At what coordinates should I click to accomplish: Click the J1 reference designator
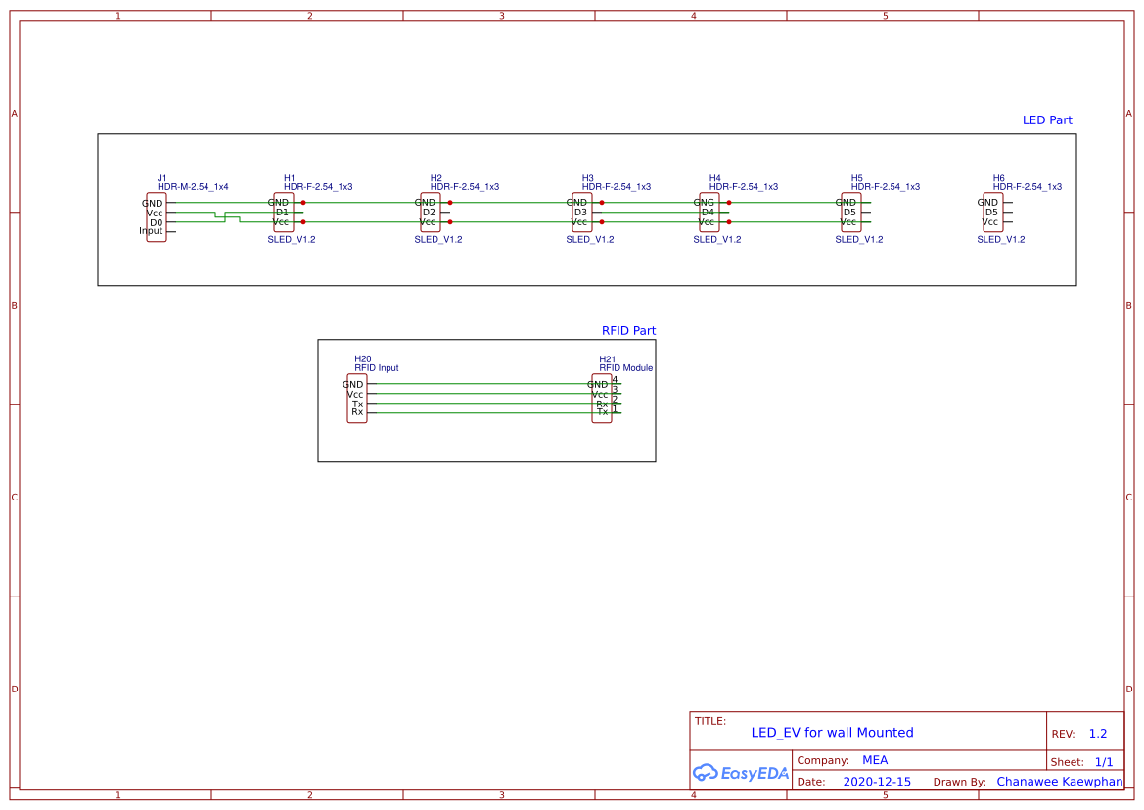pos(162,178)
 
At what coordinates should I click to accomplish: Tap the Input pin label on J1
pos(151,231)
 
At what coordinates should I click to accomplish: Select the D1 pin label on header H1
pos(282,212)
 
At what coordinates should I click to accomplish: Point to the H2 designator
pos(436,178)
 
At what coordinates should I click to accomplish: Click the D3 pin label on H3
pos(580,212)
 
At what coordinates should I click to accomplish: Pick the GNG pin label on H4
pos(705,203)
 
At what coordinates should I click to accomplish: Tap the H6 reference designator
pos(999,178)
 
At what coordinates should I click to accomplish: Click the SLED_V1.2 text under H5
pos(858,239)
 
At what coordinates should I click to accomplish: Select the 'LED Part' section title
pos(1047,120)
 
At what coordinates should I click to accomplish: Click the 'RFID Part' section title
pos(628,331)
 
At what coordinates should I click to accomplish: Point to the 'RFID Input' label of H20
pos(377,368)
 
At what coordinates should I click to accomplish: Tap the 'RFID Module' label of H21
pos(626,368)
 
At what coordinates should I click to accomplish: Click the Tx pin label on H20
pos(357,404)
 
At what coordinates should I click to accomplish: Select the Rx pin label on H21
pos(602,404)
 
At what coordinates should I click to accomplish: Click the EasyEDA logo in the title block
pos(741,772)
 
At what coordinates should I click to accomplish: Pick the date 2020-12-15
pos(877,782)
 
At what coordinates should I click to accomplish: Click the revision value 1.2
pos(1098,734)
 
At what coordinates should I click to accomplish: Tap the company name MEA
pos(875,760)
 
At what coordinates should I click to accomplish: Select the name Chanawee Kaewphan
pos(1060,782)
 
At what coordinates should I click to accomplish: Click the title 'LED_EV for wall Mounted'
pos(832,733)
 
